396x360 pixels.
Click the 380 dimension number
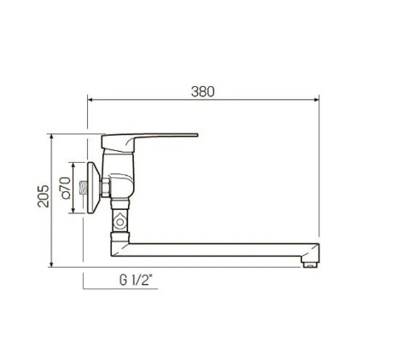tap(202, 91)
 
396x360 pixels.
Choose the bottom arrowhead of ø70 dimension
tap(74, 211)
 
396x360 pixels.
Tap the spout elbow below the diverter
tap(119, 247)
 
